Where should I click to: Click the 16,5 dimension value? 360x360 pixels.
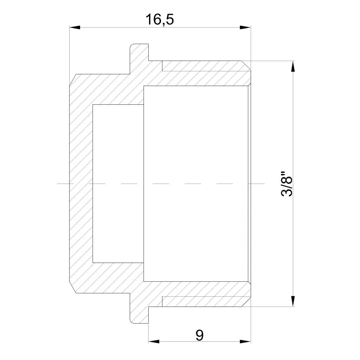[160, 19]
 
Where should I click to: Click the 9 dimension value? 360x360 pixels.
[200, 335]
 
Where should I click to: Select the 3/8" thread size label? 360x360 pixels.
[287, 184]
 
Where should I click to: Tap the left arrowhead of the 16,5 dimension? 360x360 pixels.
[75, 27]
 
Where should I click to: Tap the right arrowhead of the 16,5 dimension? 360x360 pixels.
[245, 27]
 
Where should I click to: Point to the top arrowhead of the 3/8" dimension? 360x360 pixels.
[293, 66]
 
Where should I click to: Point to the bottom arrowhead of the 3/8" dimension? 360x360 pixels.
[293, 301]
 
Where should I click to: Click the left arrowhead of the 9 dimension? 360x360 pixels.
[154, 341]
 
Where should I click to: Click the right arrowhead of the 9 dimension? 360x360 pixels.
[245, 341]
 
